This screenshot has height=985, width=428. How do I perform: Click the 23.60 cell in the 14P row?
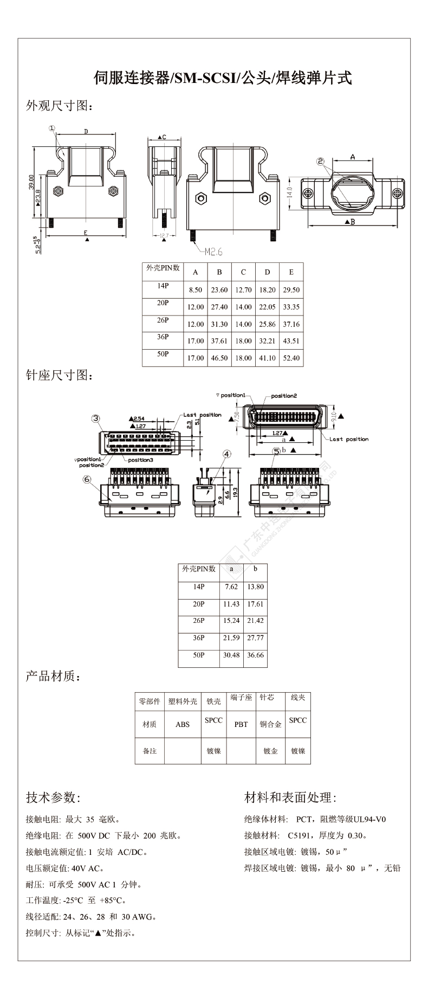219,289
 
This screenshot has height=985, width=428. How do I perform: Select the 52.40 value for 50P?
291,358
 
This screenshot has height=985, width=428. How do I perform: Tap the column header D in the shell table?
267,272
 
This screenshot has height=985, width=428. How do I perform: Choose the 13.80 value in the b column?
255,587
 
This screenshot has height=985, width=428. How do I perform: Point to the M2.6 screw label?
213,252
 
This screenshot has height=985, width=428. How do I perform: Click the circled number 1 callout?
52,128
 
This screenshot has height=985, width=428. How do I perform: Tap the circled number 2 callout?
320,161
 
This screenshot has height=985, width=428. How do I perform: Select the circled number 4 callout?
226,454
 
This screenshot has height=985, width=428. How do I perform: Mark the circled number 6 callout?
87,479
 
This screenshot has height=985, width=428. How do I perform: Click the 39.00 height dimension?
32,182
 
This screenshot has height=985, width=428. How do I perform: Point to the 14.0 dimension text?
289,192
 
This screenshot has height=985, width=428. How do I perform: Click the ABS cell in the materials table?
183,724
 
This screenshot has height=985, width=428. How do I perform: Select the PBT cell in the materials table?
241,724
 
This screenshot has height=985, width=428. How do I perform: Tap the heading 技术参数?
53,797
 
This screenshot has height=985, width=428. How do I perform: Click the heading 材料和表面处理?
290,797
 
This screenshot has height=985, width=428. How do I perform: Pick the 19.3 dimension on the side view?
236,492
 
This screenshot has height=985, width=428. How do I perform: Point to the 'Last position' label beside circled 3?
202,415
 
